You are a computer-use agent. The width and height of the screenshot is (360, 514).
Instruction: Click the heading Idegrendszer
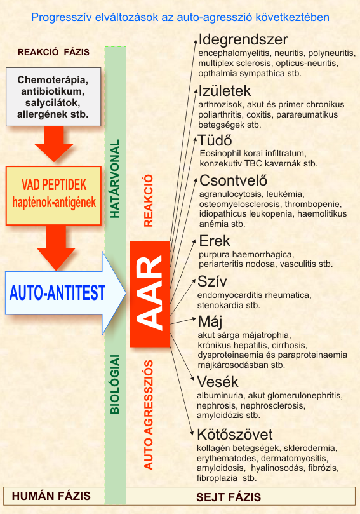point(243,40)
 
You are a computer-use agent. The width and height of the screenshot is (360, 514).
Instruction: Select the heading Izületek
point(225,91)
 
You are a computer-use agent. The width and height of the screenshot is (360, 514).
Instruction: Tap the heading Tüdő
point(215,140)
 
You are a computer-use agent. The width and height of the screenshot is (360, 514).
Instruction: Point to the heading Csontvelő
point(233,180)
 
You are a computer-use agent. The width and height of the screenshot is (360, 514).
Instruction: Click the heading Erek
point(215,241)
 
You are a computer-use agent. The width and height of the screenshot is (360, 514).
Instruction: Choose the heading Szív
point(212,281)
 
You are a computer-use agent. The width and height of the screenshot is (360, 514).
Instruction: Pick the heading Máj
point(210,322)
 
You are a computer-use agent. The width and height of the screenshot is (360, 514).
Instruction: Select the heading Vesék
point(218,382)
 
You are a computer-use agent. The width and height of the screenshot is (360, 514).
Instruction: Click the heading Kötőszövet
point(234,435)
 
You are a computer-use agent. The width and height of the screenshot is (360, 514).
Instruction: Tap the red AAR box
point(150,294)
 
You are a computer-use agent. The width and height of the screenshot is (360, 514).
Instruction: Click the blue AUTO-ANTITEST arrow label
point(57,293)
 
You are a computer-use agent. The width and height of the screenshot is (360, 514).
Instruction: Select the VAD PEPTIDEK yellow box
point(53,196)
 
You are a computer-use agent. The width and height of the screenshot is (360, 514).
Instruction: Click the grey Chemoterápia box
point(53,97)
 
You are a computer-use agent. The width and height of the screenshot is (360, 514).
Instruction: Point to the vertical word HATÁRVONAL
point(115,179)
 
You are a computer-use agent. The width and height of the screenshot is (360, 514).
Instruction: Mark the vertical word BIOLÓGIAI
point(115,384)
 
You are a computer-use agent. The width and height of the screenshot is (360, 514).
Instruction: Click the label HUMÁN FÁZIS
point(51,496)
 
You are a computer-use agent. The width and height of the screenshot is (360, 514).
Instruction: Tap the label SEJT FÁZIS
point(229,497)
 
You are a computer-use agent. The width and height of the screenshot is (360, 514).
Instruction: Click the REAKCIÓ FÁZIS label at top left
point(53,52)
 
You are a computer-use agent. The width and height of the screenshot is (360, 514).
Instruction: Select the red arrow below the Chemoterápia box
point(54,144)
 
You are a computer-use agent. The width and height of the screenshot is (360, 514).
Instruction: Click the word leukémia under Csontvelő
point(285,194)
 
